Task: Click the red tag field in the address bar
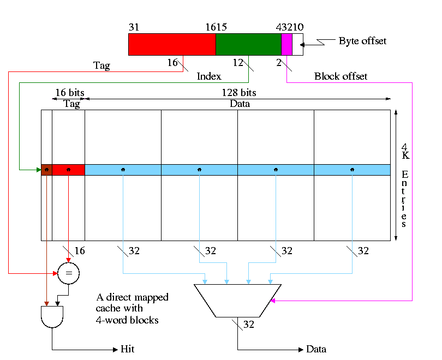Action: click(x=172, y=44)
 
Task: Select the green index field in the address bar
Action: click(x=248, y=44)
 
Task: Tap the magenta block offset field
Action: click(x=286, y=44)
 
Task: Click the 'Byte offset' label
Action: click(x=362, y=41)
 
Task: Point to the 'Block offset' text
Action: click(x=341, y=76)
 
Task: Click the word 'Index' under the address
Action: click(x=208, y=77)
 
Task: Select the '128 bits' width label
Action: click(x=239, y=93)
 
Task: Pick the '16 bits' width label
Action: click(x=69, y=93)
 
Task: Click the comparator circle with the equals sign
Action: click(x=68, y=273)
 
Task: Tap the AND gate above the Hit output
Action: click(x=52, y=316)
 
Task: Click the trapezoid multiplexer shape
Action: click(x=237, y=300)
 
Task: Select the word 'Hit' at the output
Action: click(x=127, y=349)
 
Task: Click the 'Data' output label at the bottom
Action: click(x=316, y=349)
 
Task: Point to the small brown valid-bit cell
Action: click(x=46, y=170)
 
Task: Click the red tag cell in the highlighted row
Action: click(x=68, y=170)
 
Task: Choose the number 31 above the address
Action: click(x=134, y=27)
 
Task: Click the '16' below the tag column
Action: click(x=80, y=251)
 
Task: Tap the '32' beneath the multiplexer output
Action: click(x=249, y=325)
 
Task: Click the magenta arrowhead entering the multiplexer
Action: click(x=273, y=301)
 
